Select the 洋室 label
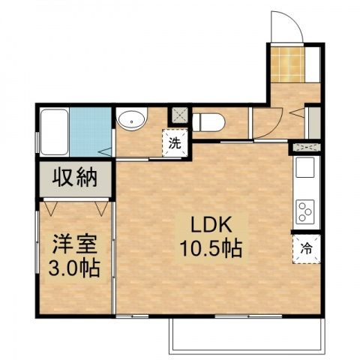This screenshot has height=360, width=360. pos(71,245)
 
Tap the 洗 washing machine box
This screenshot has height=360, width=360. pos(174,143)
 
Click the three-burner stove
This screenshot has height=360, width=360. pos(306,210)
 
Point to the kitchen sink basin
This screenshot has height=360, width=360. pos(306,169)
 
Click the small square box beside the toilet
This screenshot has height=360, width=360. pos(181,115)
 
